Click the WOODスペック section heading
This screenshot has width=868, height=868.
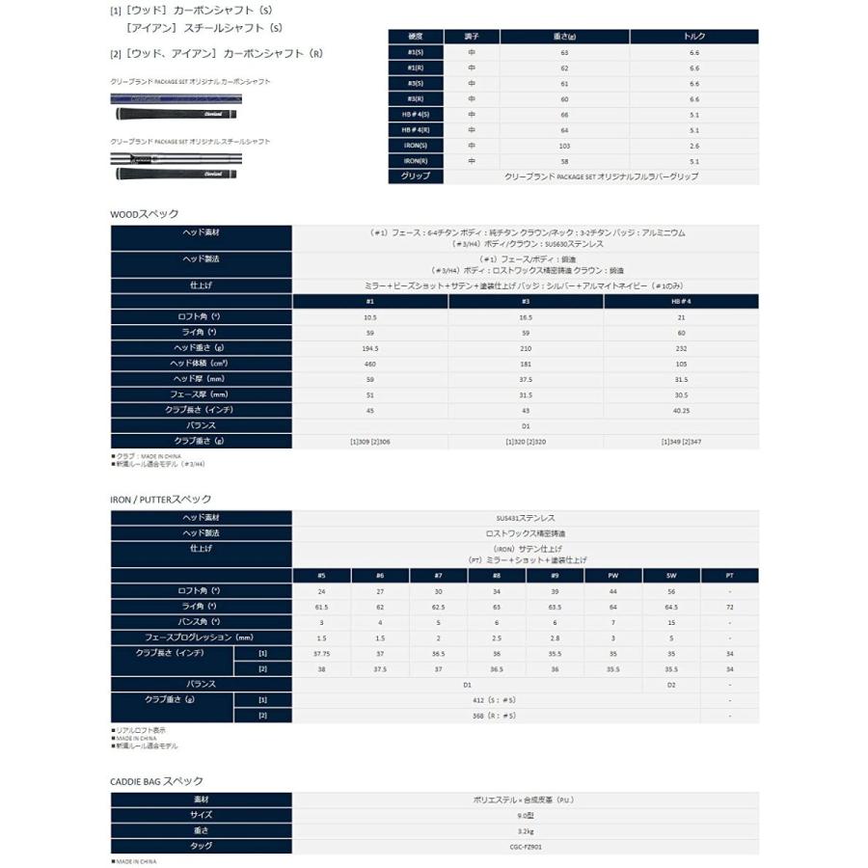[144, 214]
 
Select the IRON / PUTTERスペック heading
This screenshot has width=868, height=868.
[160, 499]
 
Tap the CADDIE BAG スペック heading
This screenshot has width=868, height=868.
[156, 780]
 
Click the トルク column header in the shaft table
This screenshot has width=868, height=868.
[693, 37]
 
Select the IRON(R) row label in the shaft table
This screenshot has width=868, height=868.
[416, 160]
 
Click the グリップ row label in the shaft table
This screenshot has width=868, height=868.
[416, 176]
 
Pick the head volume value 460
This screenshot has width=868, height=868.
[370, 363]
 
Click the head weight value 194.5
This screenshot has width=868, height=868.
[370, 347]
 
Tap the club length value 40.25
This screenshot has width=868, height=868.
[681, 409]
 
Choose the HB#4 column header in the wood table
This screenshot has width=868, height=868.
[681, 301]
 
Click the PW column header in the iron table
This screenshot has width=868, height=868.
[613, 575]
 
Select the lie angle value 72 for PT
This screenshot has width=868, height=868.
[730, 607]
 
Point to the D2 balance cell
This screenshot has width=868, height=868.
[671, 684]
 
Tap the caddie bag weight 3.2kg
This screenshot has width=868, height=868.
[526, 829]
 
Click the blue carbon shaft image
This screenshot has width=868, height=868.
[175, 98]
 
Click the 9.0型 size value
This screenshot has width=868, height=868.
[526, 814]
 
